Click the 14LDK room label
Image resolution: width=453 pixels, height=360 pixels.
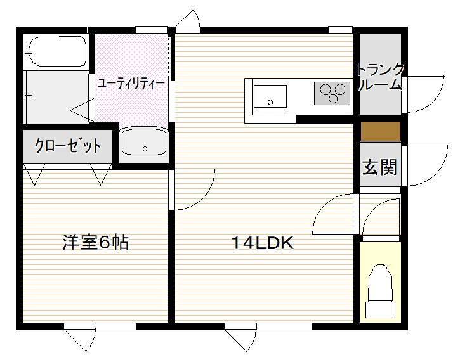[263, 243]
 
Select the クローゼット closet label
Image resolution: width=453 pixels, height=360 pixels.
[68, 146]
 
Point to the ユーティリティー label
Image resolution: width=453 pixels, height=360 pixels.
[131, 84]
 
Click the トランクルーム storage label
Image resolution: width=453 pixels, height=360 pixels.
[380, 77]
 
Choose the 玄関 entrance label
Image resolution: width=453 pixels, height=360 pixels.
[380, 167]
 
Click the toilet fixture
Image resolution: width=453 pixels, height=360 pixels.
[380, 291]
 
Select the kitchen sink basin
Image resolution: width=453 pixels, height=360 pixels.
[270, 96]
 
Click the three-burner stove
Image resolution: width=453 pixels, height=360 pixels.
[332, 93]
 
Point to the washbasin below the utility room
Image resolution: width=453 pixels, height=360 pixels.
[144, 142]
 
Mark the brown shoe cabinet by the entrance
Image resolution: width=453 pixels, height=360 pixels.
[380, 131]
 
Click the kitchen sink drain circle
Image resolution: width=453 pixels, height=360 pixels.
[270, 102]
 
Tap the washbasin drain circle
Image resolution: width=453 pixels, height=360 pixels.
[145, 149]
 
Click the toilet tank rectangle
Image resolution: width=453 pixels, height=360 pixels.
[380, 310]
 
